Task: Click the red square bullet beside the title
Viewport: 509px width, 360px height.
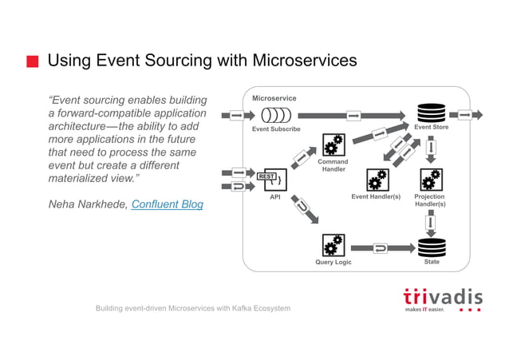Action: tap(32, 62)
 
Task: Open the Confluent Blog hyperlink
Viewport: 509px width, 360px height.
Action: tap(167, 205)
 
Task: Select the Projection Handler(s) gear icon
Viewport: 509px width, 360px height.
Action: tap(431, 180)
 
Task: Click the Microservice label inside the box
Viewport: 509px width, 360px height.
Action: tap(274, 98)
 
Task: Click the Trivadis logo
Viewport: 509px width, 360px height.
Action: tap(442, 299)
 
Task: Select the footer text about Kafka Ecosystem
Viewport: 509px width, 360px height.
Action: tap(193, 308)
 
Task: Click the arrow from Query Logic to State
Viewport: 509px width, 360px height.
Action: tap(381, 248)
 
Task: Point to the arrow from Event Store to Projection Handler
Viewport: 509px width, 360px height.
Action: tap(432, 148)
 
